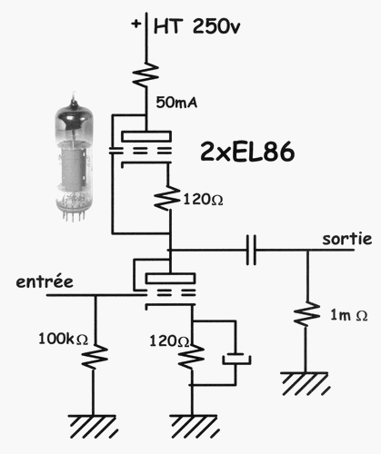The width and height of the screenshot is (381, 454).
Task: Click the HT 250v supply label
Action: point(197,26)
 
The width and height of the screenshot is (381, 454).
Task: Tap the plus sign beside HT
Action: point(136,24)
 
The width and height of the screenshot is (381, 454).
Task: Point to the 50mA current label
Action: point(176,103)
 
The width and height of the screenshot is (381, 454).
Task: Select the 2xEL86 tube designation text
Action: point(247,152)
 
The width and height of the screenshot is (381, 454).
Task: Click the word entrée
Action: point(45,281)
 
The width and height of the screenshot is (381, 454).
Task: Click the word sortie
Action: point(347,239)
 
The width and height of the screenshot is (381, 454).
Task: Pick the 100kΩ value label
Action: point(63,339)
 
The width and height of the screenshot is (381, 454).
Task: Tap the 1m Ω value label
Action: point(349,315)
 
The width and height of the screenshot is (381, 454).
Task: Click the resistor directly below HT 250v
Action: point(145,74)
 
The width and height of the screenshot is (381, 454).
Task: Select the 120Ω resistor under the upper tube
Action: point(167,198)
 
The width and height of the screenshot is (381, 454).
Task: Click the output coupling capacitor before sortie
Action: point(251,250)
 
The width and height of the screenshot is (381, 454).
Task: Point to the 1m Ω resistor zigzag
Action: point(306,314)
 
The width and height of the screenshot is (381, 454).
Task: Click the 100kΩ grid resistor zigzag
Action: point(95,357)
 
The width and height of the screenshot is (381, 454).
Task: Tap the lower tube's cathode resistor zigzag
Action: point(191,357)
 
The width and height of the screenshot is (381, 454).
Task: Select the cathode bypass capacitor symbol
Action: point(236,359)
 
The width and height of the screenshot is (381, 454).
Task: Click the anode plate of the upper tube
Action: point(146,136)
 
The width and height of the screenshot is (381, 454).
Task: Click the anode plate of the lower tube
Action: point(170,278)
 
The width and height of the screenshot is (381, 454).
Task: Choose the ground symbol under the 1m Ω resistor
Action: point(306,384)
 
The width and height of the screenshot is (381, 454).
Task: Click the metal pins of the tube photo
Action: point(73,216)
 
